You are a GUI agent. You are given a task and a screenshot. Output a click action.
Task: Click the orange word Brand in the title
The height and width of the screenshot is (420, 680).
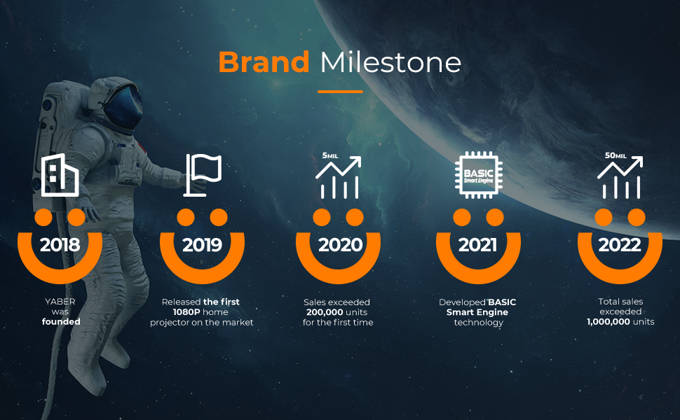(x=264, y=62)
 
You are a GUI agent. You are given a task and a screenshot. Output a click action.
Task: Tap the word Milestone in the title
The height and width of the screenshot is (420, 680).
(x=390, y=62)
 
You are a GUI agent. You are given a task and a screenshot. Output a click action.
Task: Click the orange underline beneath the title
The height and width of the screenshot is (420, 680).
(x=340, y=92)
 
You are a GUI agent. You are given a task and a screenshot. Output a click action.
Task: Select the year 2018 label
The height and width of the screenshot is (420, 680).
(x=60, y=245)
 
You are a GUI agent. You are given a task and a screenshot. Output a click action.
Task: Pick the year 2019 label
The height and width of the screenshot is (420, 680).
(x=202, y=245)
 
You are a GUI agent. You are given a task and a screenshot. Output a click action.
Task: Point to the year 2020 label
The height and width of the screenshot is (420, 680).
(x=341, y=245)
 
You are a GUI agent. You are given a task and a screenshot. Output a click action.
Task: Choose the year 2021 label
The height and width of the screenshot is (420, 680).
(x=477, y=245)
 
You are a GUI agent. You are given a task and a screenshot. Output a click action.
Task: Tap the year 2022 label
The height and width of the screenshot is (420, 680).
(x=620, y=245)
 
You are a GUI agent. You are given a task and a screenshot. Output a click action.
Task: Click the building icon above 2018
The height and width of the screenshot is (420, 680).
(x=60, y=175)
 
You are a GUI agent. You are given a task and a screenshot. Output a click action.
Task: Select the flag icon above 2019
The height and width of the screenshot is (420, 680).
(x=203, y=175)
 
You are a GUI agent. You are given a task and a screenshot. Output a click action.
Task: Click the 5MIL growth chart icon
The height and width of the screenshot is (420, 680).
(x=339, y=176)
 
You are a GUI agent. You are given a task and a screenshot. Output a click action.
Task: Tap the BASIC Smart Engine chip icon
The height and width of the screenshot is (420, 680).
(x=479, y=175)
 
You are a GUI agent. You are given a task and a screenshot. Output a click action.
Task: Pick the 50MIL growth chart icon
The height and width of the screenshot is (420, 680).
(x=620, y=176)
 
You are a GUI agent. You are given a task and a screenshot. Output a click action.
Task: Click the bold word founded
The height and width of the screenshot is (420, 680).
(x=61, y=322)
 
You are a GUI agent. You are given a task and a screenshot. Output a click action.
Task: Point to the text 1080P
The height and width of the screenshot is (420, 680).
(x=186, y=312)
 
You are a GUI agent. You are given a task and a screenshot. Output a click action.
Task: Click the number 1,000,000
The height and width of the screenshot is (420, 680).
(x=608, y=322)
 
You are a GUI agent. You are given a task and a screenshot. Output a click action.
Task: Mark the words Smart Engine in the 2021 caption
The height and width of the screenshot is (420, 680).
(x=477, y=312)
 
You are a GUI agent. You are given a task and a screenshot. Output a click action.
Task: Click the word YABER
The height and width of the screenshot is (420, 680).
(x=60, y=302)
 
